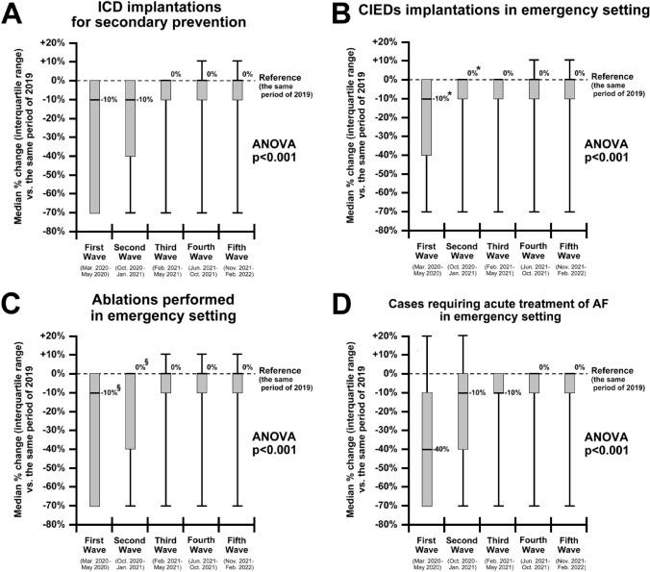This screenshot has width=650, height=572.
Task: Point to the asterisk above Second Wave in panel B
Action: pyautogui.click(x=477, y=68)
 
